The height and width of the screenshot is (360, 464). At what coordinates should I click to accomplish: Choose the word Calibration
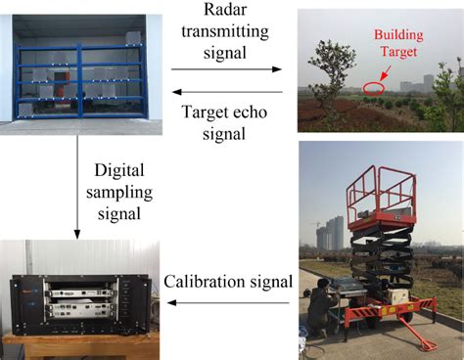[200, 284]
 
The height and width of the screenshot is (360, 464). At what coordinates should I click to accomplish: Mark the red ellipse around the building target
[372, 88]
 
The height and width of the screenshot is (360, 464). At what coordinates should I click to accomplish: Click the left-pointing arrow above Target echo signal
[226, 90]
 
